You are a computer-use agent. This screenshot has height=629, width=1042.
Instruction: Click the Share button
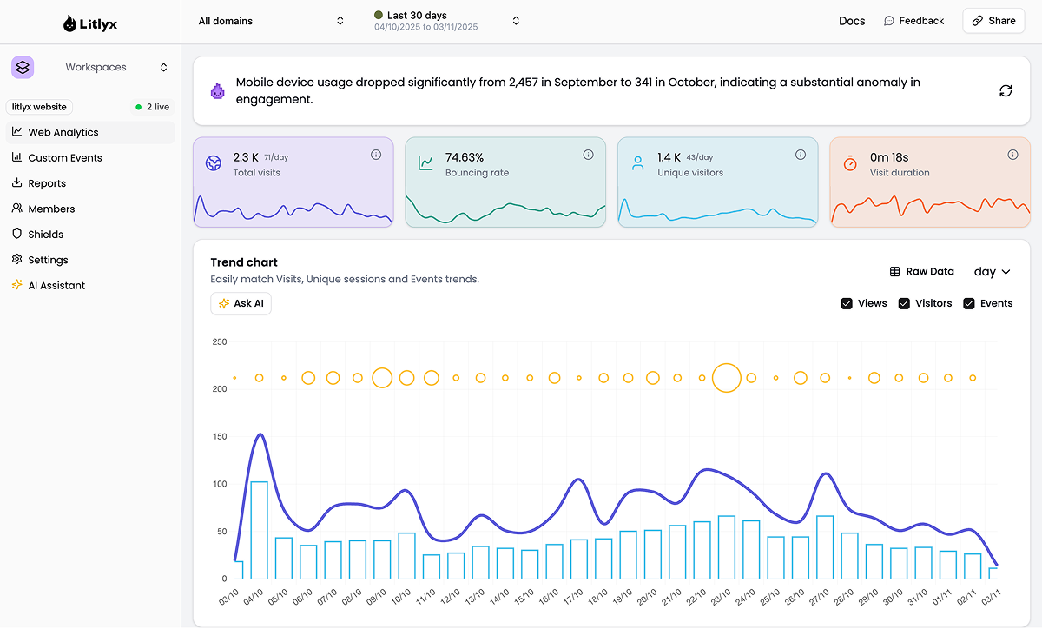click(x=993, y=21)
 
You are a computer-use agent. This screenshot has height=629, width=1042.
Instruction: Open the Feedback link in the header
click(x=913, y=21)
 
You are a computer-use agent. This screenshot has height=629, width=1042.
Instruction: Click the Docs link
click(x=852, y=21)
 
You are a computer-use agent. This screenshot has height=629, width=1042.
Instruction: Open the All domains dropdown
click(x=271, y=21)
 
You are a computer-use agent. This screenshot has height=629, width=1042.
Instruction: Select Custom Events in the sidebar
click(x=64, y=158)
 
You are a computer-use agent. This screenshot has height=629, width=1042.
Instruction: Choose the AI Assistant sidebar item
click(x=56, y=286)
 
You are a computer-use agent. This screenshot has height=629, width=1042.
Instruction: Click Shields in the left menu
click(x=45, y=235)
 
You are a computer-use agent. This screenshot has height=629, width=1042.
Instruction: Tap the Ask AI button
click(x=241, y=303)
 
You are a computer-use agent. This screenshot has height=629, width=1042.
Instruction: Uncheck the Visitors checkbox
click(x=904, y=303)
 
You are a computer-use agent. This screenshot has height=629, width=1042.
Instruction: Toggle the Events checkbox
click(x=969, y=303)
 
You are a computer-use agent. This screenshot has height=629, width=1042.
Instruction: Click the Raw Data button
click(x=921, y=272)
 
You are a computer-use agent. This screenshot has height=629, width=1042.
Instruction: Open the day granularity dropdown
click(x=992, y=272)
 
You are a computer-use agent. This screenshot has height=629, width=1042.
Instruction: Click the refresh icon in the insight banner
click(x=1006, y=91)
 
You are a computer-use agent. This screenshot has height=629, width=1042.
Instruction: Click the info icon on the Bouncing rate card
click(x=588, y=155)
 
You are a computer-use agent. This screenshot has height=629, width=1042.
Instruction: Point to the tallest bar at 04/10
click(x=259, y=530)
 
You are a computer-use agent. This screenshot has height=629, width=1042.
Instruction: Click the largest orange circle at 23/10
click(x=726, y=378)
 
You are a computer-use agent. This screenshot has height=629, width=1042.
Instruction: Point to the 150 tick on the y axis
click(x=219, y=437)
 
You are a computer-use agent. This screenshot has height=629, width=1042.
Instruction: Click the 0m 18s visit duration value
click(x=889, y=157)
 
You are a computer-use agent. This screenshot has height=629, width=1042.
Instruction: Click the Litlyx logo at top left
click(x=90, y=24)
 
